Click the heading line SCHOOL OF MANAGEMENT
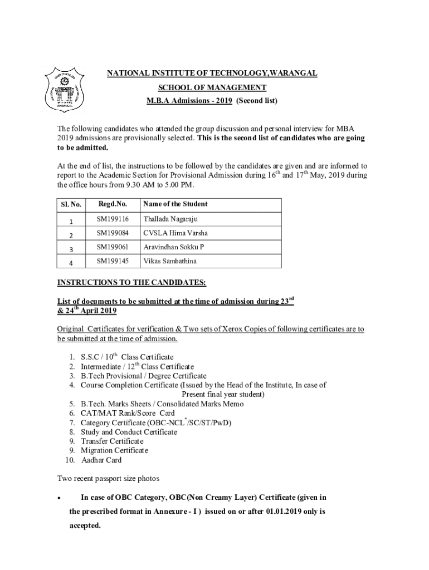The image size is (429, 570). click(212, 87)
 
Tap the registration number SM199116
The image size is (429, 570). click(112, 219)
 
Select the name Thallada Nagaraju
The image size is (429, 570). click(170, 219)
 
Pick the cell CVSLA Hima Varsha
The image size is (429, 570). click(175, 233)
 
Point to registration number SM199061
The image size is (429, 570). click(112, 247)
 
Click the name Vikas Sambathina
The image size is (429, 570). click(170, 261)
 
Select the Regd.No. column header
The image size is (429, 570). click(111, 204)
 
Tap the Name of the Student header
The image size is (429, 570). click(175, 204)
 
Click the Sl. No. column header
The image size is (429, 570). click(71, 205)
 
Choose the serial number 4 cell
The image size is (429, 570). click(71, 262)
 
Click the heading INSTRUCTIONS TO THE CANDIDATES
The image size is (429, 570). click(132, 283)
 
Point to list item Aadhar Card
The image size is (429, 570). click(101, 460)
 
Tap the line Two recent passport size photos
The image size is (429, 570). click(109, 479)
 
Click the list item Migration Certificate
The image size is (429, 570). click(114, 450)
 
